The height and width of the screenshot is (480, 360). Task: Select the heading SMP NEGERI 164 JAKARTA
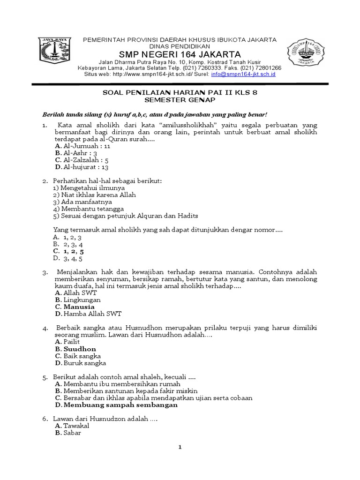point(180,54)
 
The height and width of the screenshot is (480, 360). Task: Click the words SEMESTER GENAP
point(180,100)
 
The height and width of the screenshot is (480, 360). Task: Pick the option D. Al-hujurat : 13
point(82,167)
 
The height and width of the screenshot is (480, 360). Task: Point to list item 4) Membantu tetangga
point(82,209)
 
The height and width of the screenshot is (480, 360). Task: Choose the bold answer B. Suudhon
point(75,349)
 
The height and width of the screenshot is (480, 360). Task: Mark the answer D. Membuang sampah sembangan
point(116,405)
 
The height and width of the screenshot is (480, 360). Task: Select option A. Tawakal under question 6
point(72,426)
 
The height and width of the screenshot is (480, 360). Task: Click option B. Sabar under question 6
point(68,433)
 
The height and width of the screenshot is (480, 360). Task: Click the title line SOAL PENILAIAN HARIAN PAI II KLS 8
point(180,93)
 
